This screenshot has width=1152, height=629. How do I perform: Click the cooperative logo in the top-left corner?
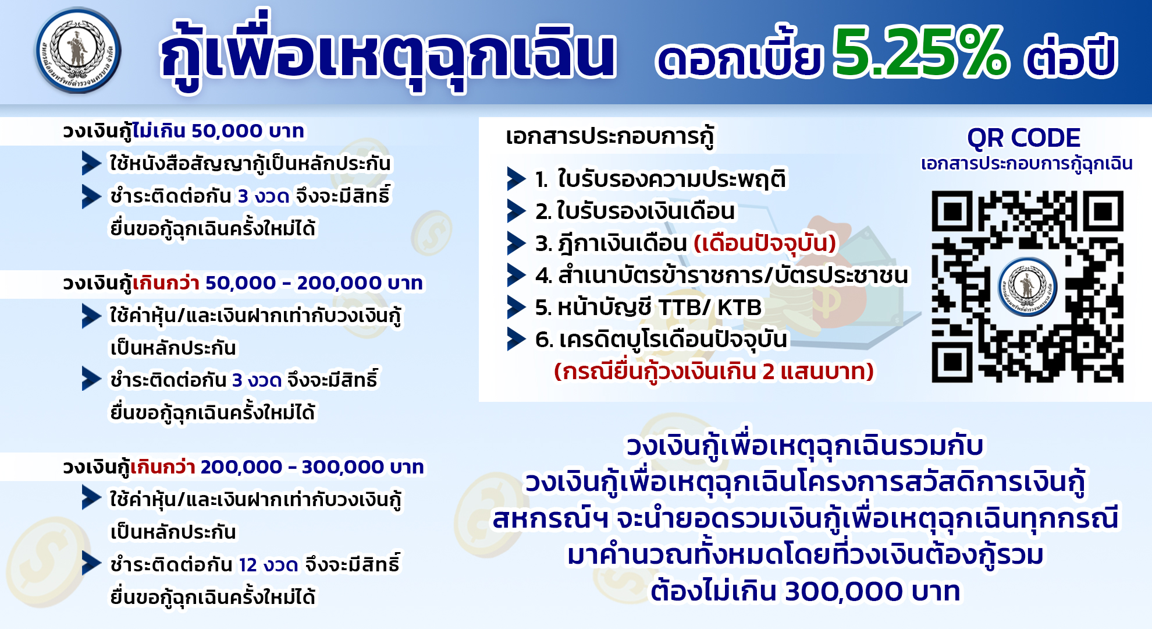point(78,50)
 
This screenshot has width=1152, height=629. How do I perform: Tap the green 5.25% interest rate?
point(920,52)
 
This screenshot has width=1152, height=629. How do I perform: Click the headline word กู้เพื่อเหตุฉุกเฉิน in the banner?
point(387,52)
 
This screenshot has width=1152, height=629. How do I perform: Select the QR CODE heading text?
point(1023,138)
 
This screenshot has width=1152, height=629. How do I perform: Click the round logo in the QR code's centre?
point(1027,286)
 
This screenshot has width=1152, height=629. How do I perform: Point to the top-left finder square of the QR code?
point(952,211)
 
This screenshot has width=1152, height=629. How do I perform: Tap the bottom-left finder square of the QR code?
point(952,362)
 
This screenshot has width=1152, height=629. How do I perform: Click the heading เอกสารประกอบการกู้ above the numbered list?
point(610,137)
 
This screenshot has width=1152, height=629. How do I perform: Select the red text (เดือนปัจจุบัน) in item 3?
point(765,243)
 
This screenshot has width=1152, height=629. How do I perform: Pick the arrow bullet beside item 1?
point(516,179)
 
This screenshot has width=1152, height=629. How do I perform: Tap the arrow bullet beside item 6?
point(516,339)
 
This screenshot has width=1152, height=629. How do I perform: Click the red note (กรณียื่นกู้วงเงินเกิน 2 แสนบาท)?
point(714,372)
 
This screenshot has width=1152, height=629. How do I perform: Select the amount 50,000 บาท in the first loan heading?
point(247,131)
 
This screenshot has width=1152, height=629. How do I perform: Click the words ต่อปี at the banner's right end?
point(1071,55)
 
